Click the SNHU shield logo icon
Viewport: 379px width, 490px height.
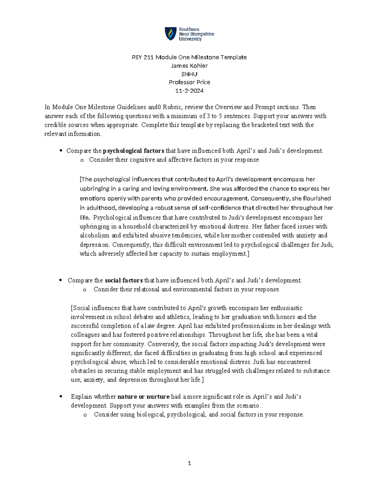click(171, 34)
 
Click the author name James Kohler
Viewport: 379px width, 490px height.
click(189, 66)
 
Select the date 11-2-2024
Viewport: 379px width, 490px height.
click(189, 91)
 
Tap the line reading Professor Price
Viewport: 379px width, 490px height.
click(189, 82)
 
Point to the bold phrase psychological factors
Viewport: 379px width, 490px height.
click(134, 151)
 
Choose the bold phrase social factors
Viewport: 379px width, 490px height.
click(123, 280)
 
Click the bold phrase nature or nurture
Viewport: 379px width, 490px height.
click(143, 397)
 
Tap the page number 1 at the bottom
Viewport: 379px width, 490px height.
click(189, 463)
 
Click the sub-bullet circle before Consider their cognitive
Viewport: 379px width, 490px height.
click(82, 160)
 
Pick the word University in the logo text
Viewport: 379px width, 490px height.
click(190, 39)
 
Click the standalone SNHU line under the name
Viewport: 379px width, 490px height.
click(189, 74)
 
